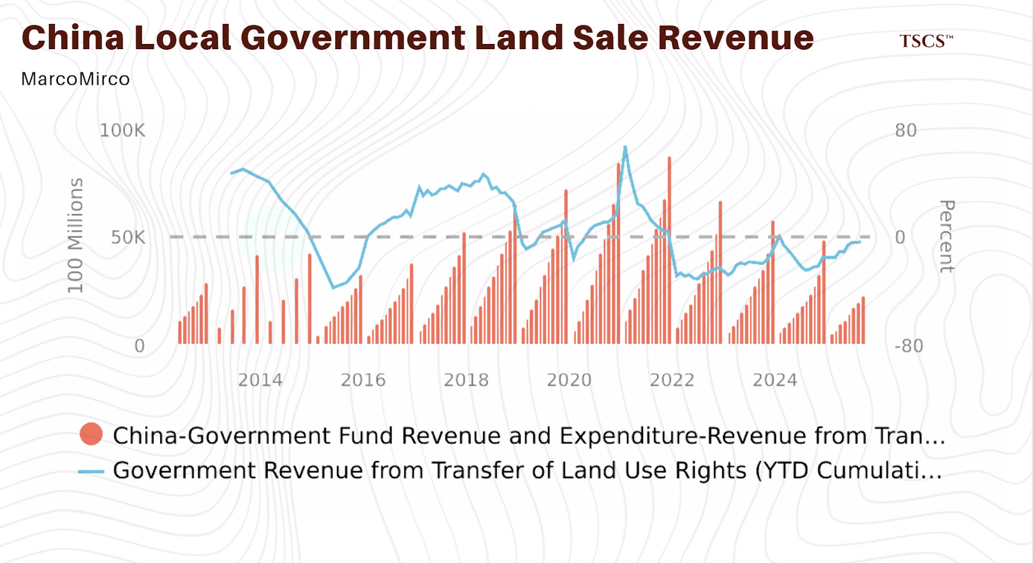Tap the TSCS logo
click(x=926, y=41)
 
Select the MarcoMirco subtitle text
click(x=76, y=79)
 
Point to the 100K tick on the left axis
click(x=122, y=131)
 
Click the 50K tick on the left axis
click(x=128, y=237)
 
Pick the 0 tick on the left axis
click(x=139, y=346)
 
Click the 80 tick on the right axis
click(x=906, y=131)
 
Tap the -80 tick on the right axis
click(x=909, y=346)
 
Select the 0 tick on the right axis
click(x=900, y=237)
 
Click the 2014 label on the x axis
click(x=260, y=381)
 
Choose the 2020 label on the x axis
click(x=569, y=381)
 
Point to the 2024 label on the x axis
click(x=775, y=381)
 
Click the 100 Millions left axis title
click(x=76, y=235)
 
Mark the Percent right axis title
click(x=947, y=237)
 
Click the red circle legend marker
click(x=91, y=434)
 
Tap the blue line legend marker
click(x=91, y=472)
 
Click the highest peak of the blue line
click(x=626, y=148)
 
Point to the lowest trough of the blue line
click(x=333, y=288)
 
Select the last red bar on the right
click(x=863, y=320)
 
